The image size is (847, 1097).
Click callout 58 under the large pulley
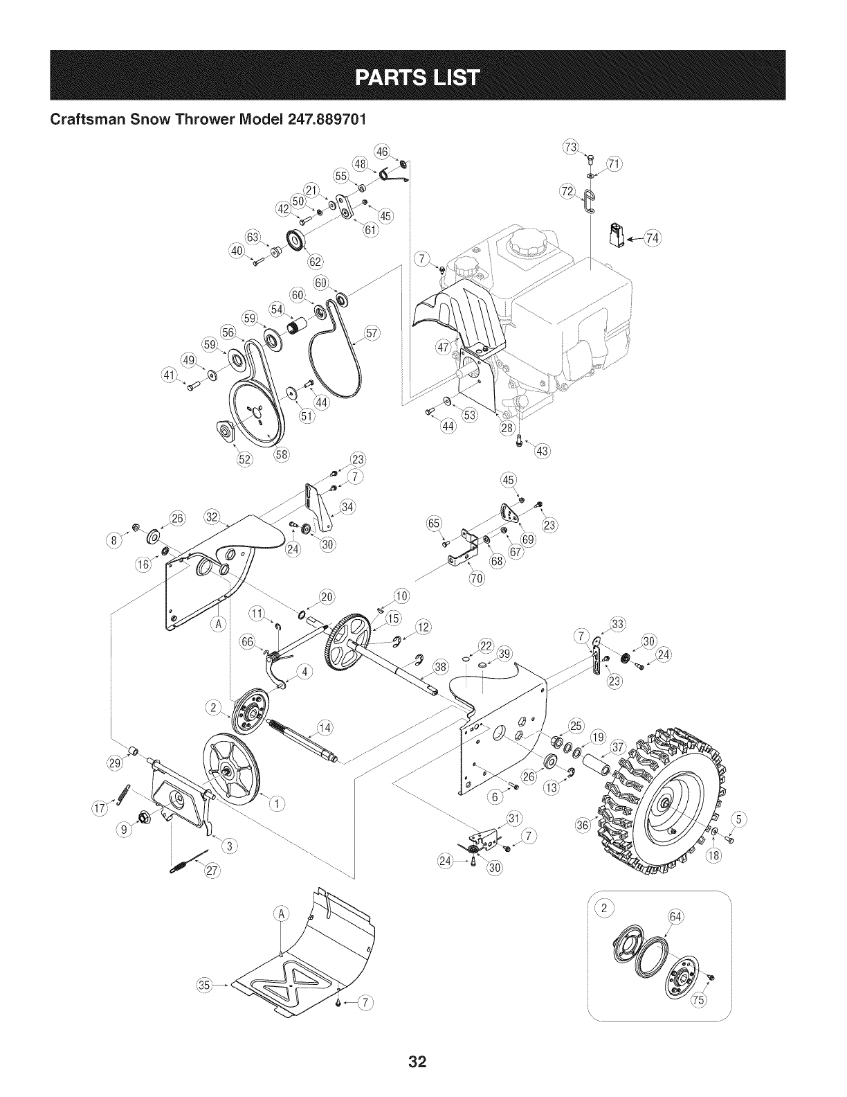click(x=282, y=455)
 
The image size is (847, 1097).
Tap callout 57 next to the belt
click(x=372, y=335)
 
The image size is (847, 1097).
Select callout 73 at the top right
click(x=571, y=147)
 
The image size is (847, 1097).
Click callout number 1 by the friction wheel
click(x=277, y=803)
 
